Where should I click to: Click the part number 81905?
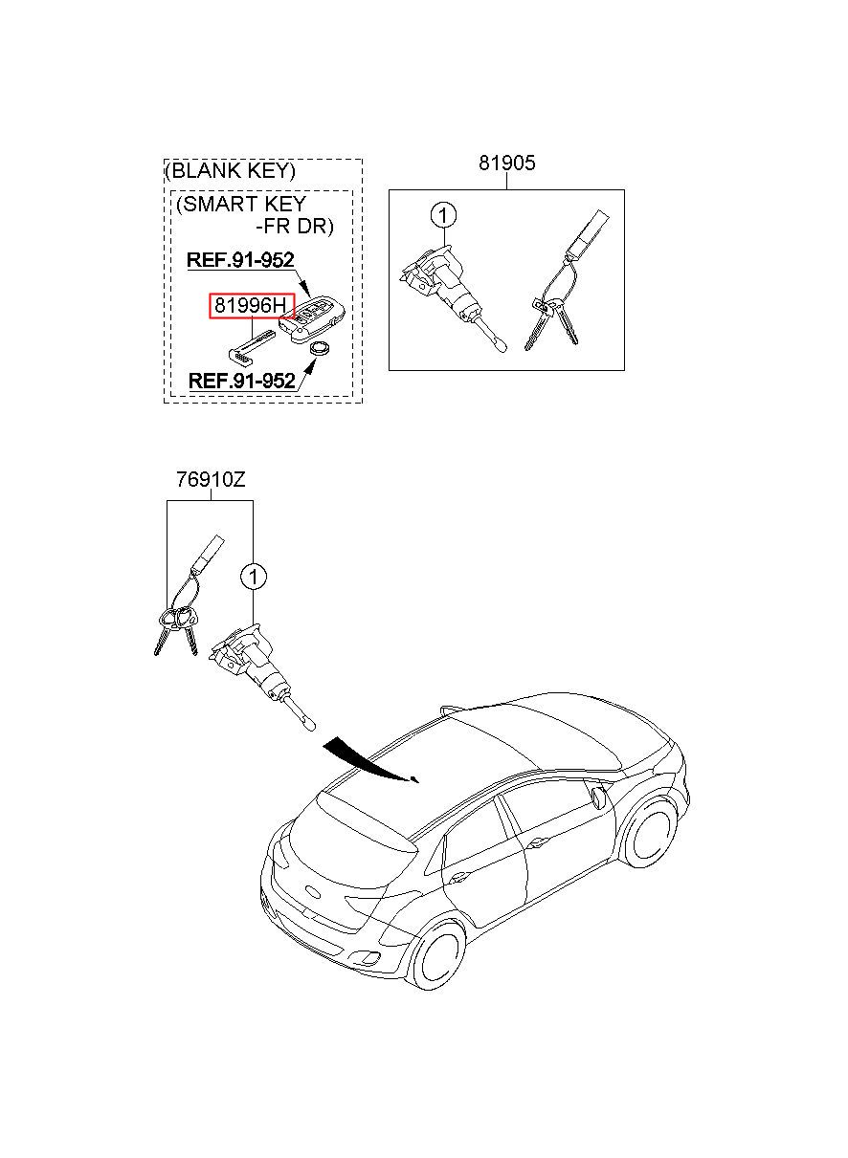click(x=507, y=164)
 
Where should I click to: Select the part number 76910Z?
click(x=210, y=480)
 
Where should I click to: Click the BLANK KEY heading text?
click(x=231, y=172)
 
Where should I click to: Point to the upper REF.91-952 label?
click(x=239, y=259)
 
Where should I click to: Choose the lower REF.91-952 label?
click(x=241, y=381)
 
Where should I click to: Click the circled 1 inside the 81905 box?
click(x=443, y=215)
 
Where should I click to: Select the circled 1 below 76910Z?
click(x=253, y=577)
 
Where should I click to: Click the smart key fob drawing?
click(x=316, y=319)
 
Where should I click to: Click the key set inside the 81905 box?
click(x=560, y=296)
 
